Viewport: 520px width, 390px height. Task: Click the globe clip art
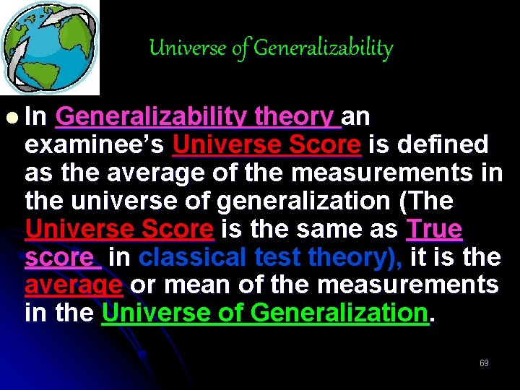[x=49, y=48]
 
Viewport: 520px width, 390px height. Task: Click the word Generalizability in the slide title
[x=324, y=48]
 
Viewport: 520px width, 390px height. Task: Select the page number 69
[x=484, y=363]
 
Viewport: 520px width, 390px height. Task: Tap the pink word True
[x=434, y=229]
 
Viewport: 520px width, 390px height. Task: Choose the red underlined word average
[x=73, y=285]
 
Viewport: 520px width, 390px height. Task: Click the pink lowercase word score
[x=58, y=257]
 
